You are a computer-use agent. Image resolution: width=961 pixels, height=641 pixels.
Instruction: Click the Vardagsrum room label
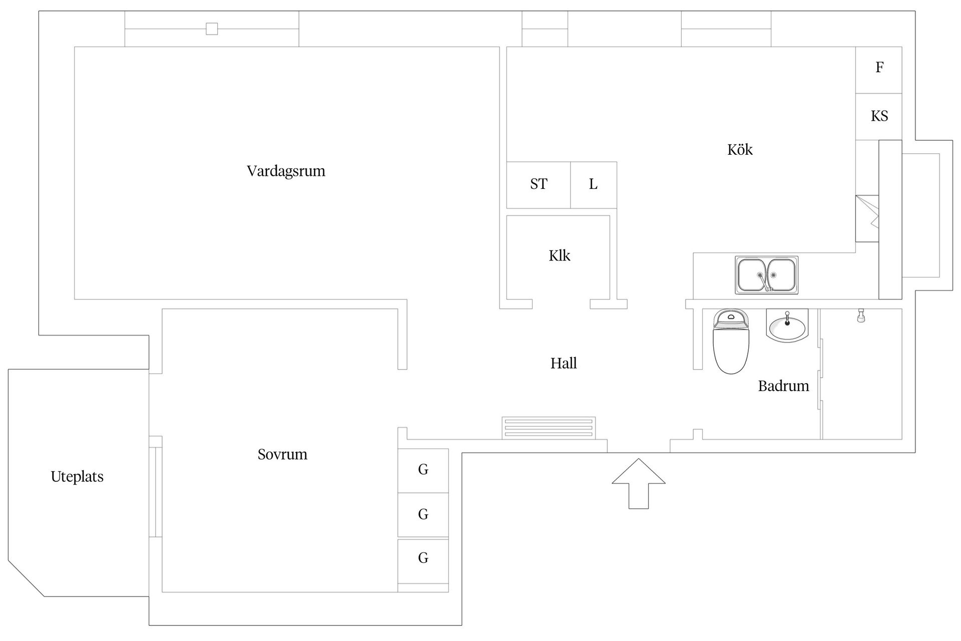(286, 171)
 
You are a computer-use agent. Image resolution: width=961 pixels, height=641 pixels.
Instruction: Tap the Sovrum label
(282, 454)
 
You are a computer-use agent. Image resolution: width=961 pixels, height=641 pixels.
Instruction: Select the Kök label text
(740, 149)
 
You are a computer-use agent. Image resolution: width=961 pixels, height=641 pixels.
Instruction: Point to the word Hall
(564, 363)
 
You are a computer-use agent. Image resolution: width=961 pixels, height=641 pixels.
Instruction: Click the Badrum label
(783, 386)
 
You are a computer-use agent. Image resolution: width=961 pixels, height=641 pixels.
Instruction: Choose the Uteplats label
(77, 477)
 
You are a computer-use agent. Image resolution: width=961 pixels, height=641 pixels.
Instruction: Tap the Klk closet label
(559, 255)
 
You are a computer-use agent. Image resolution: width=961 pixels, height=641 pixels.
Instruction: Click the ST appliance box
(539, 185)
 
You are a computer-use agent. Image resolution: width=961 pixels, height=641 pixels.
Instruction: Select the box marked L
(594, 185)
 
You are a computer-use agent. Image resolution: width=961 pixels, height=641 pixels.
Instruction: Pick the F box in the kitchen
(878, 70)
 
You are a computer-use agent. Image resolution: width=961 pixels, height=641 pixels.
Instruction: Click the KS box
(878, 117)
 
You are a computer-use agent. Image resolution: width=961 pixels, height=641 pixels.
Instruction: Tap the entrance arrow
(639, 484)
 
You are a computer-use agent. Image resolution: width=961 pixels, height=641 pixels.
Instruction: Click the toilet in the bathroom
(731, 341)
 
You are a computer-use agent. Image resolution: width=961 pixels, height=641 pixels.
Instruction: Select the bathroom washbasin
(787, 326)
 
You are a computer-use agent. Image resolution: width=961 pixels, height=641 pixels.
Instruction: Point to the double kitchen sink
(766, 275)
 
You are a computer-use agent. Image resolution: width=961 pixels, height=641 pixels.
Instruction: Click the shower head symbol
(861, 315)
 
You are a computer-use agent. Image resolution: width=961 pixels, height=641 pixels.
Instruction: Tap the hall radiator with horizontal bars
(549, 428)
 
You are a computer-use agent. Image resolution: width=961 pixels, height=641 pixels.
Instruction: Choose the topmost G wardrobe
(423, 471)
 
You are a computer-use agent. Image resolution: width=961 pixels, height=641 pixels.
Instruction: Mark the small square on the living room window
(212, 29)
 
